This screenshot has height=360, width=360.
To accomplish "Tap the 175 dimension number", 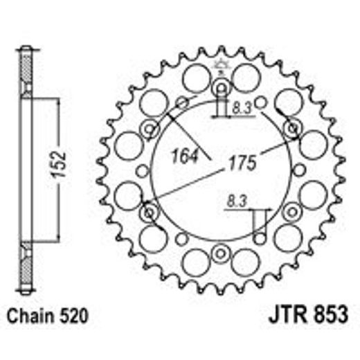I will click(x=241, y=163).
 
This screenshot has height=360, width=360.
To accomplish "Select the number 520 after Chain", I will click(x=74, y=318).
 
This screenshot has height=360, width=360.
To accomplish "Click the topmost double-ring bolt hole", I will click(x=221, y=87).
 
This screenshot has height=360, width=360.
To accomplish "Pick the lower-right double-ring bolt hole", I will click(x=292, y=211).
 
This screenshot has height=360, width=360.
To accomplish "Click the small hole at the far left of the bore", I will click(x=143, y=170).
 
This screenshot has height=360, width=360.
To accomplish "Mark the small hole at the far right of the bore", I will click(x=298, y=170).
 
